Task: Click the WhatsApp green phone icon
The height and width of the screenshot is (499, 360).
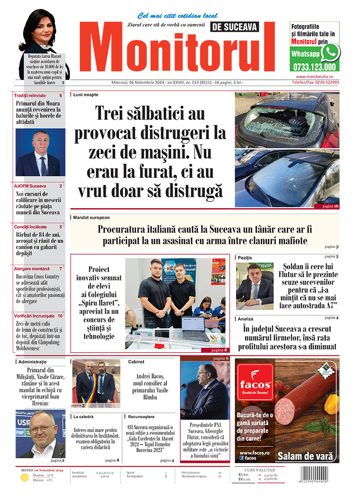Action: pyautogui.click(x=330, y=52)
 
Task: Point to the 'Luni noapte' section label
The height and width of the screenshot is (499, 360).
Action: pyautogui.click(x=85, y=94)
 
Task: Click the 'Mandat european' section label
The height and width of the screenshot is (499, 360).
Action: pyautogui.click(x=91, y=218)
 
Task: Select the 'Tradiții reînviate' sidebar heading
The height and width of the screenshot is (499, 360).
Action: pyautogui.click(x=30, y=95)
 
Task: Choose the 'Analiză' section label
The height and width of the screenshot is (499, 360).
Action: pyautogui.click(x=246, y=318)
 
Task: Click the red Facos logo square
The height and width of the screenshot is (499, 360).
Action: pyautogui.click(x=254, y=385)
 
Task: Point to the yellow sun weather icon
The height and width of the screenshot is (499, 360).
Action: pyautogui.click(x=24, y=478)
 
